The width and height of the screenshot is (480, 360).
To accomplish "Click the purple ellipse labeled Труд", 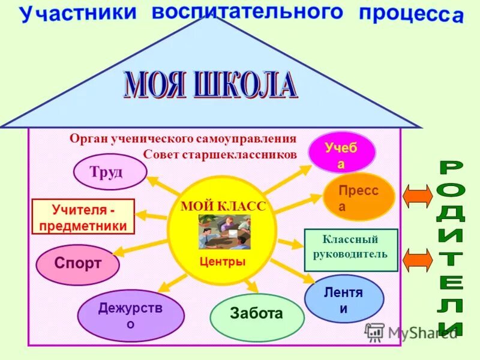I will [x=110, y=172].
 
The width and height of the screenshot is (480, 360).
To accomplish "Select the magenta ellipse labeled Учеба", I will [x=341, y=153].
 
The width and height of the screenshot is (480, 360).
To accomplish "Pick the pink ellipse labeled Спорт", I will [x=77, y=264].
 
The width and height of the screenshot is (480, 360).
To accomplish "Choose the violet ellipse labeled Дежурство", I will [x=131, y=316].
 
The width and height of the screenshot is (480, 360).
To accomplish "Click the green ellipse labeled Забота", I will [x=257, y=313].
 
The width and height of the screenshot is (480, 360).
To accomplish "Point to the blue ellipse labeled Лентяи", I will [x=344, y=300].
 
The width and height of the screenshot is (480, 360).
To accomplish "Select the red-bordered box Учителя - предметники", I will [x=83, y=217].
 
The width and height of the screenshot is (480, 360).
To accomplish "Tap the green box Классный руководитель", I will [x=350, y=249].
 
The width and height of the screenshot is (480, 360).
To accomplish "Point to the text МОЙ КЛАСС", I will [x=223, y=206].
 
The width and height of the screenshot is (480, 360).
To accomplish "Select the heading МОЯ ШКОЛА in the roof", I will [x=210, y=86].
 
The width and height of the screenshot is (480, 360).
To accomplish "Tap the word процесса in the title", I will [x=412, y=15].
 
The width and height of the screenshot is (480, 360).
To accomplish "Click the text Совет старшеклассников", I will [x=220, y=154].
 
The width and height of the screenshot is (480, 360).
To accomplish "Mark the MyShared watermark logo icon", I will [x=375, y=331].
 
